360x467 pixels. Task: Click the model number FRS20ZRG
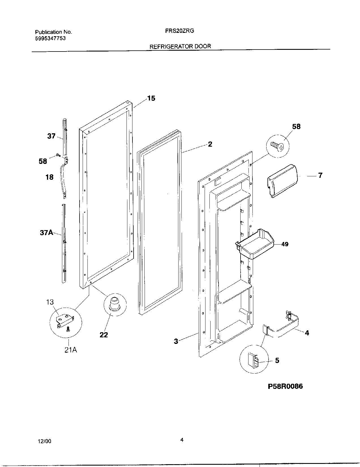(179, 31)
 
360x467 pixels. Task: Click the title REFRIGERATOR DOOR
(180, 46)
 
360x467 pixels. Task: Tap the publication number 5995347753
(50, 38)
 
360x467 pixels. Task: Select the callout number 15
(151, 98)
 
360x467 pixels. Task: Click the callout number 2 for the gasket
(210, 144)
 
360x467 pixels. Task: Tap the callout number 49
(285, 244)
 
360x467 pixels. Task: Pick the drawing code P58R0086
(285, 386)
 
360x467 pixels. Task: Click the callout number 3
(176, 341)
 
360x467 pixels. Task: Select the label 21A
(71, 350)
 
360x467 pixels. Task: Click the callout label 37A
(46, 233)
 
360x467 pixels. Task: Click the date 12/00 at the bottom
(43, 441)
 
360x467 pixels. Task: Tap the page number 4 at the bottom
(182, 440)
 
